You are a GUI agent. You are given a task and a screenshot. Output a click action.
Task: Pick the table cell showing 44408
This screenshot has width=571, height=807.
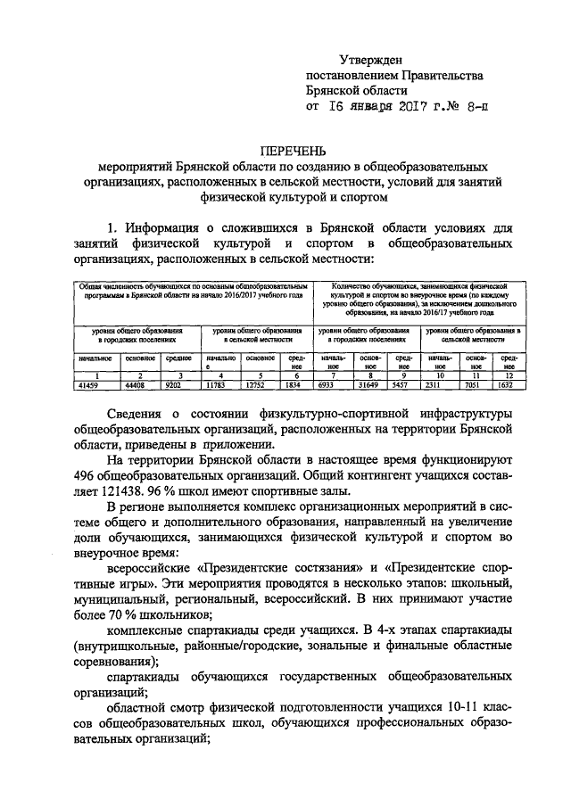pyautogui.click(x=135, y=385)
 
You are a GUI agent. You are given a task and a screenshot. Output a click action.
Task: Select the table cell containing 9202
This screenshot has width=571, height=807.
pyautogui.click(x=174, y=385)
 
